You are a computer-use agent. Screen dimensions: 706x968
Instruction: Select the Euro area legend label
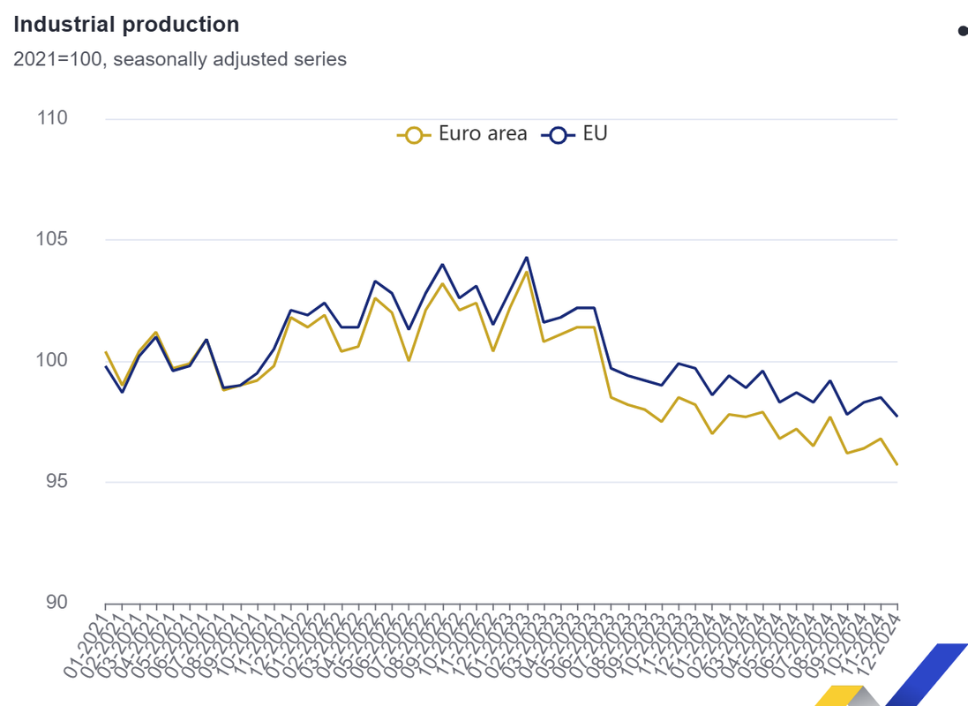click(483, 134)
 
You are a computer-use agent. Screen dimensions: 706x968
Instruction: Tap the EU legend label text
click(596, 134)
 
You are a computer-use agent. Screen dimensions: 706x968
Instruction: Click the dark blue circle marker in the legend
click(558, 135)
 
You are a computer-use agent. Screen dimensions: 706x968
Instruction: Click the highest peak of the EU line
click(527, 258)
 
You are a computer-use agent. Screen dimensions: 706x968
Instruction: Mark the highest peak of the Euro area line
click(527, 272)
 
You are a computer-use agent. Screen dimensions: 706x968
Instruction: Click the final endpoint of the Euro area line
click(897, 464)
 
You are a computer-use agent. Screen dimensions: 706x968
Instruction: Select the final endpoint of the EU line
click(897, 416)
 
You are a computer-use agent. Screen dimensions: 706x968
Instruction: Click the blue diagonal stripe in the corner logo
click(927, 675)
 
